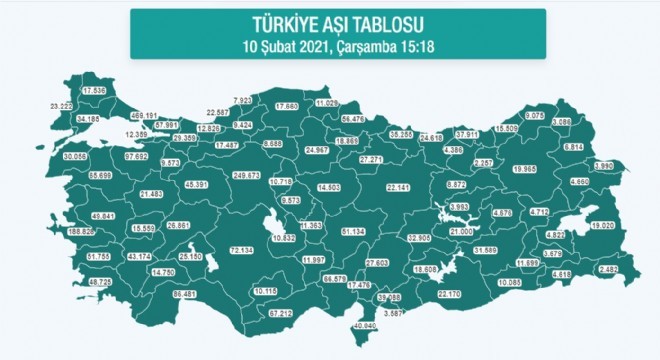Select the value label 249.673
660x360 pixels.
[x=246, y=174]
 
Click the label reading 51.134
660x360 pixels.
[x=355, y=232]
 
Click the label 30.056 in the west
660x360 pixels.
[x=47, y=157]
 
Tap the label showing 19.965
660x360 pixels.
[x=525, y=169]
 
